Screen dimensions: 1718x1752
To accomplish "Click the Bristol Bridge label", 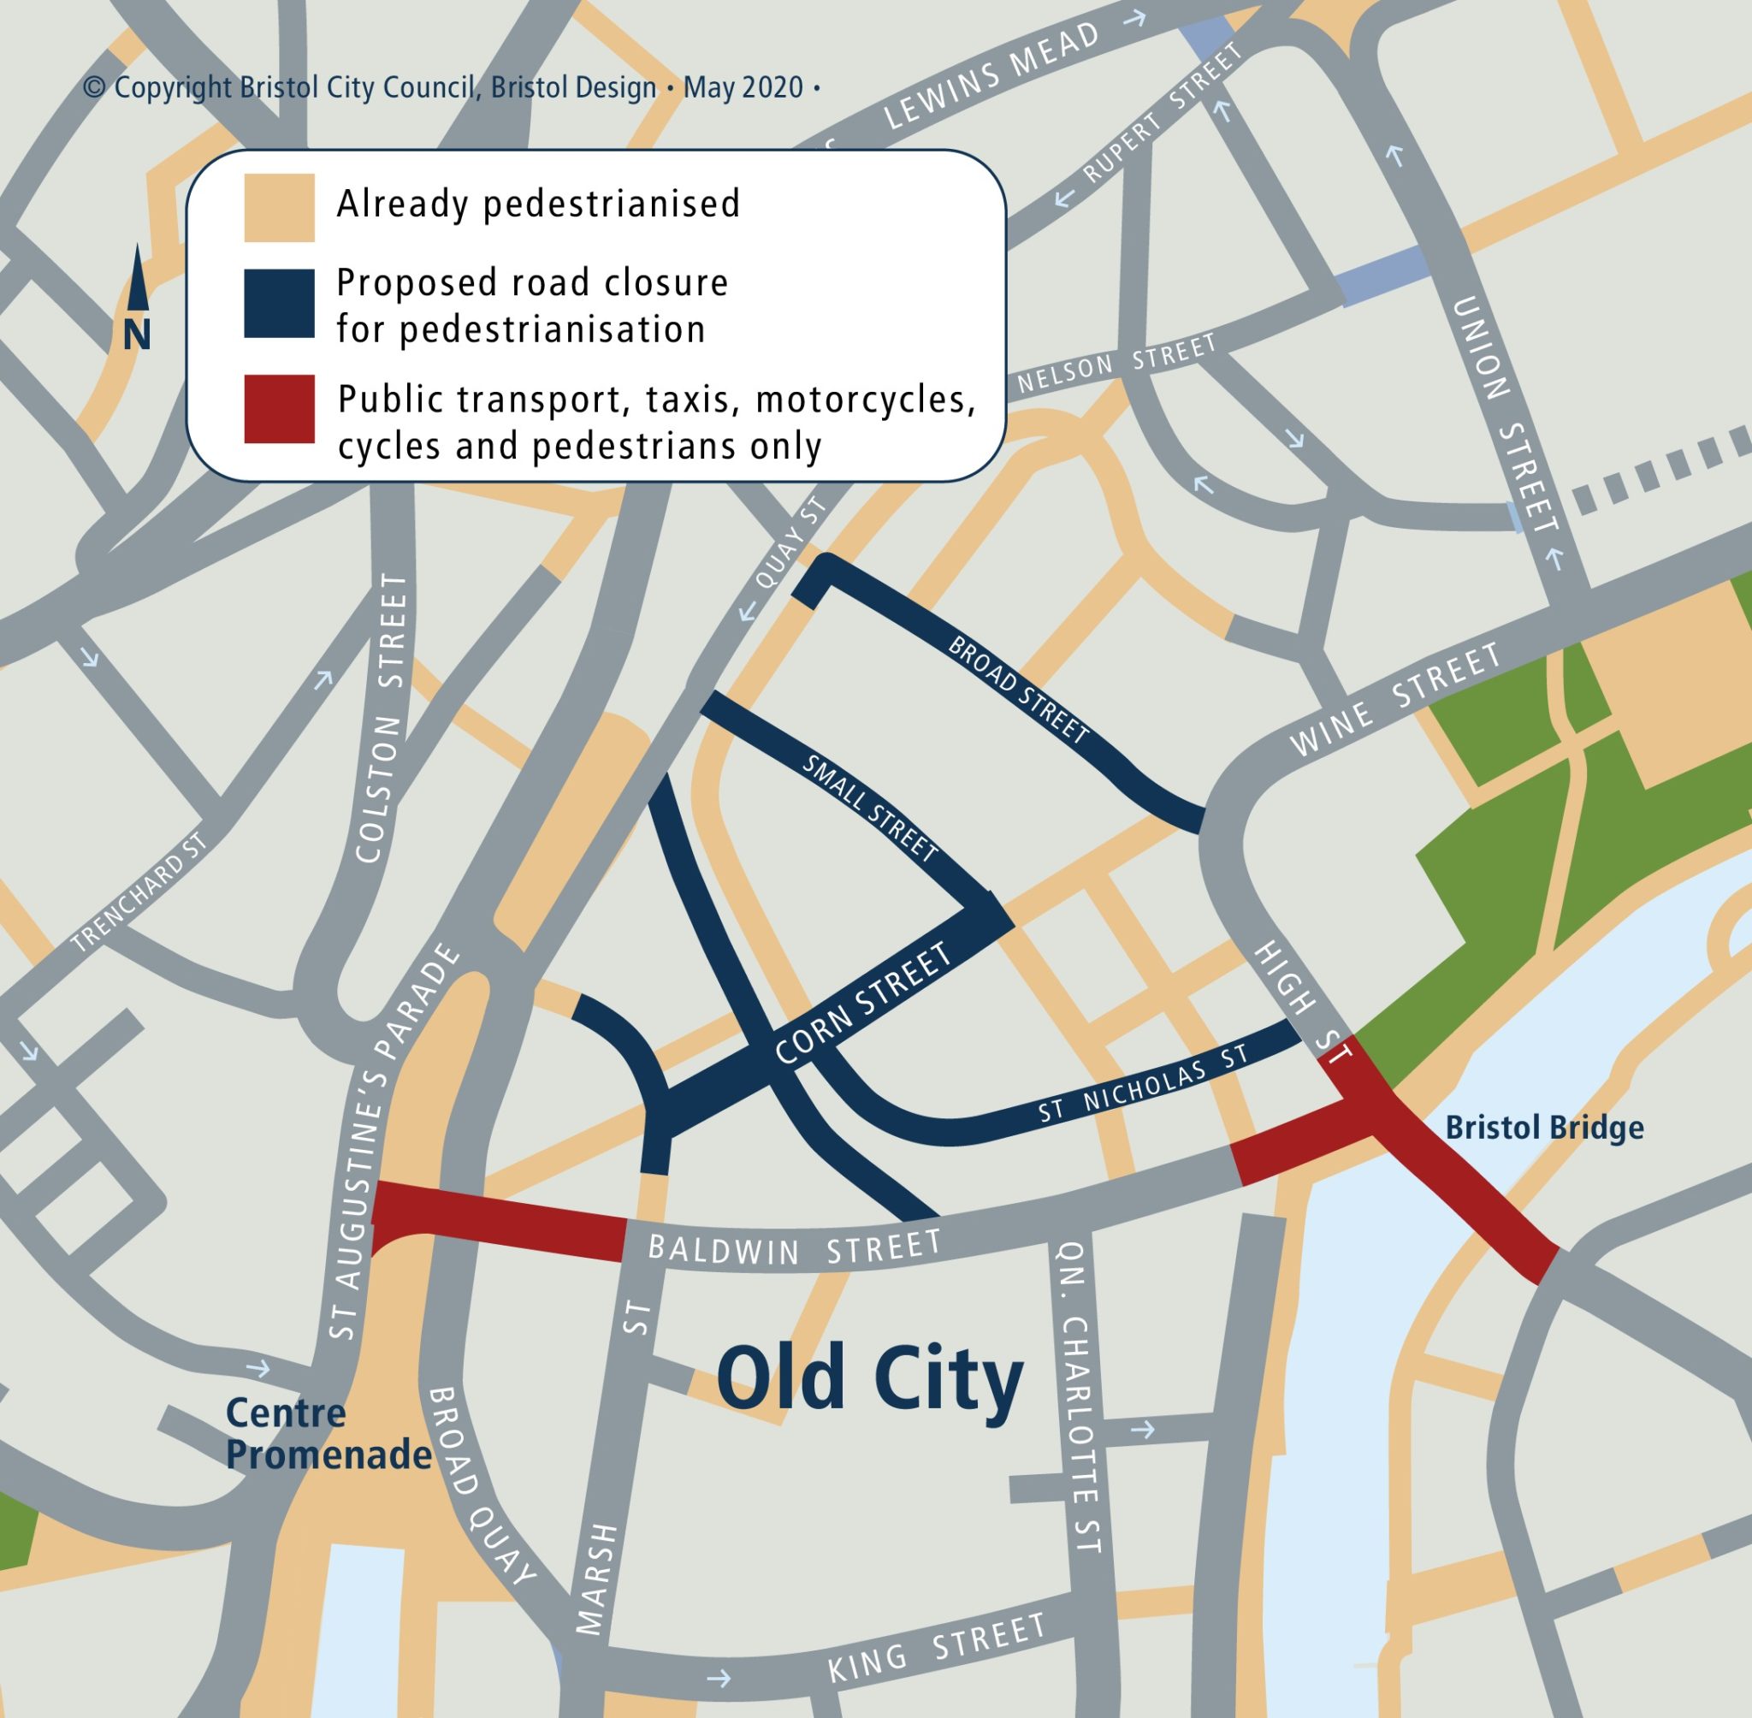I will tap(1543, 1128).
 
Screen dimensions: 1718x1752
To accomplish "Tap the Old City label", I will tap(870, 1382).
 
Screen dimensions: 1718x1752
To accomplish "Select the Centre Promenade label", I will tap(328, 1434).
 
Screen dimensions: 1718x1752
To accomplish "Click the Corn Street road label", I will tap(863, 1004).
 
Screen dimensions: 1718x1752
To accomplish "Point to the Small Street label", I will tap(870, 808).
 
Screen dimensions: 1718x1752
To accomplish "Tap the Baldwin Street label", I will tap(794, 1249).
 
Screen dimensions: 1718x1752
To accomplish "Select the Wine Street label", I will tap(1395, 699).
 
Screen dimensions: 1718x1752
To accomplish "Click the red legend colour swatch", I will tap(279, 409).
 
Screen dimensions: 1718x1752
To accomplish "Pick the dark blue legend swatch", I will tap(279, 303).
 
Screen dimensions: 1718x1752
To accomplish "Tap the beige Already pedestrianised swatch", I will tap(279, 208).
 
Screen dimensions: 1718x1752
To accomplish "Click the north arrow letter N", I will tap(136, 335).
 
